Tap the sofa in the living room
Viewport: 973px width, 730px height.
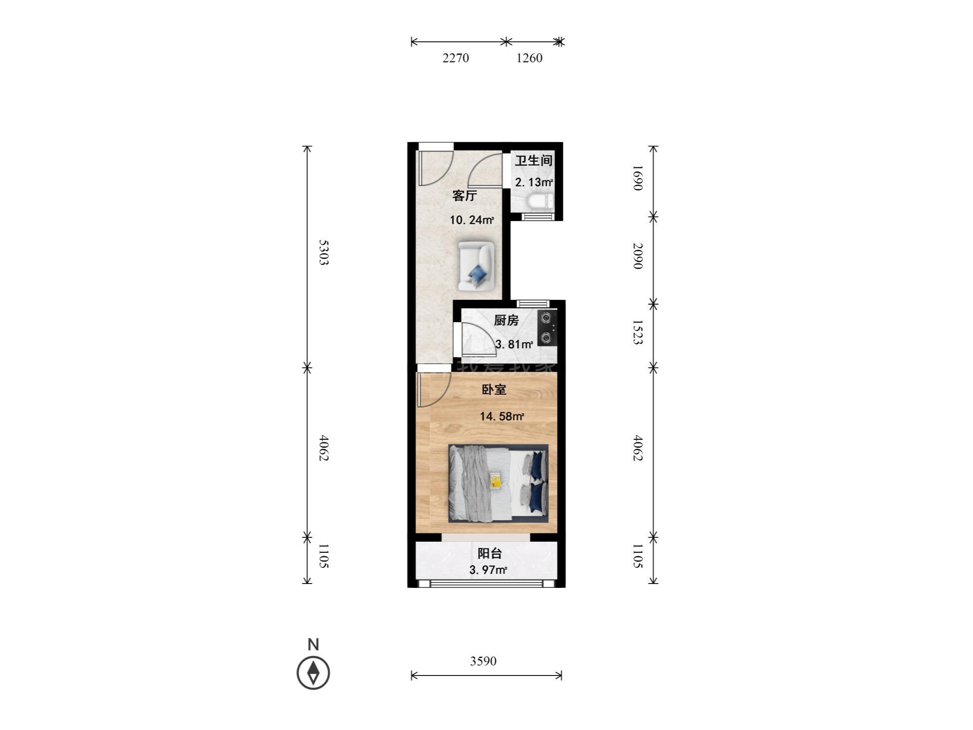(x=476, y=266)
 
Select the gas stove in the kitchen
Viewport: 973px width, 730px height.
(x=547, y=328)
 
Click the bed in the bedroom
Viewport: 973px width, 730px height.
(x=498, y=483)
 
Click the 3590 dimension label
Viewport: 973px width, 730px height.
(x=483, y=661)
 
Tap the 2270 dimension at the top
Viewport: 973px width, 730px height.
(x=455, y=58)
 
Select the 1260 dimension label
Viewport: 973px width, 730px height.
(x=529, y=58)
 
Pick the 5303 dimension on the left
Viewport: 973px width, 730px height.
(x=324, y=252)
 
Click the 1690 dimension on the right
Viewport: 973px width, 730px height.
(x=638, y=178)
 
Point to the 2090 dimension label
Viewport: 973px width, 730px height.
(x=638, y=256)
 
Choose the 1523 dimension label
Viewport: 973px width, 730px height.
(x=638, y=332)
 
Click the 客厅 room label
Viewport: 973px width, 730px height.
(x=465, y=196)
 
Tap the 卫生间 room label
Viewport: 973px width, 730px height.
(x=534, y=160)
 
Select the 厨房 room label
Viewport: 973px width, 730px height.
(x=506, y=320)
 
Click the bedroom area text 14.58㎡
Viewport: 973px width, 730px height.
(x=502, y=416)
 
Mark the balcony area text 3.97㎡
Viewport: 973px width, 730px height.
(x=488, y=570)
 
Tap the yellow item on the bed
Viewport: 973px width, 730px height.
(x=496, y=481)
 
